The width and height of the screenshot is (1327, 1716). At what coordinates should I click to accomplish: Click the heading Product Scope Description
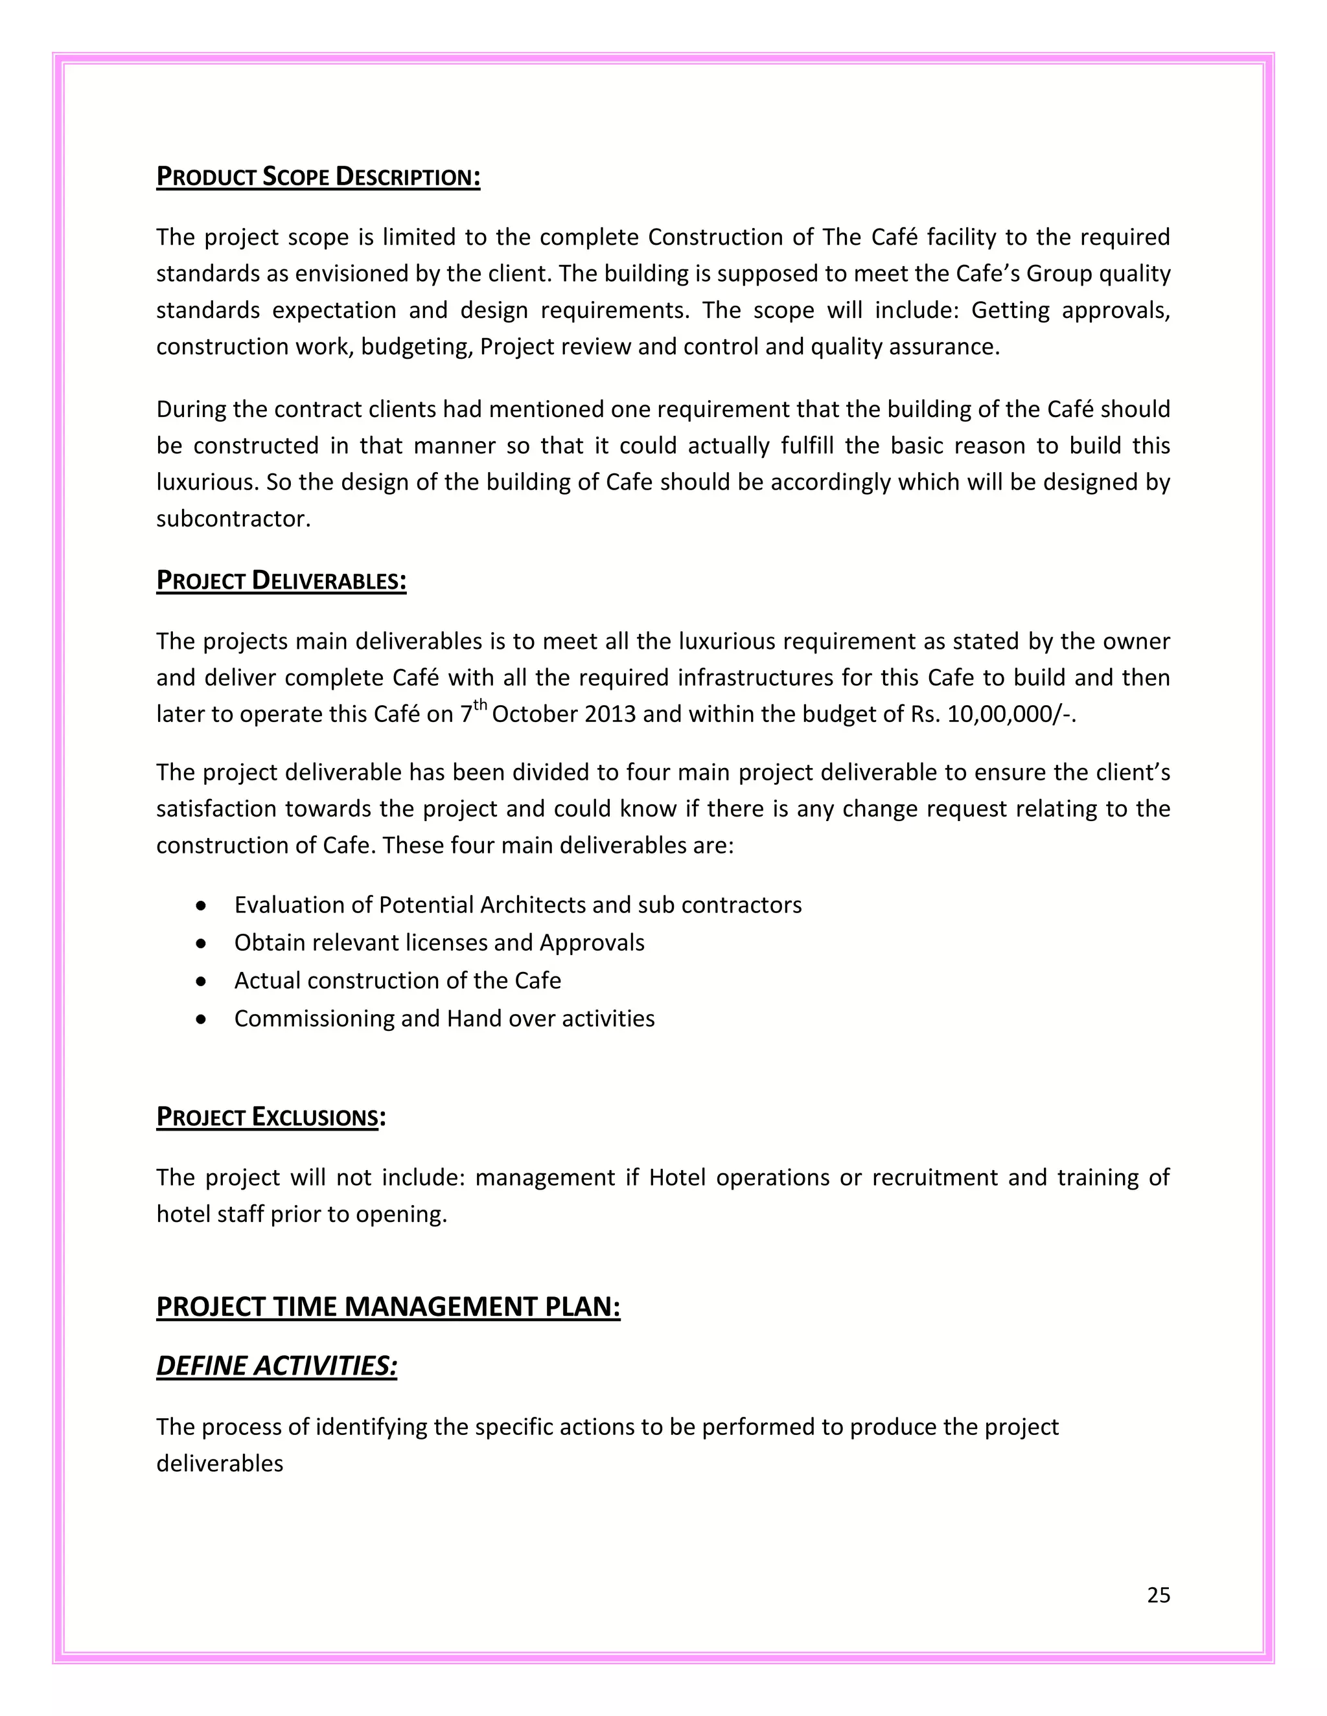click(317, 177)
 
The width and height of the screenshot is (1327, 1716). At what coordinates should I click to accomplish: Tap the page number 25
click(1158, 1595)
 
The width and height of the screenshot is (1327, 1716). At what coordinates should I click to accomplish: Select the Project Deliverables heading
click(281, 581)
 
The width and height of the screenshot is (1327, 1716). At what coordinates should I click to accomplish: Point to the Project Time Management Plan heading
click(388, 1307)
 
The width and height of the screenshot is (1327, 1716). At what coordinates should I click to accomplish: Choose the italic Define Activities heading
click(277, 1366)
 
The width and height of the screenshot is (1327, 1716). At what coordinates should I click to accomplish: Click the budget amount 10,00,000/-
click(1010, 714)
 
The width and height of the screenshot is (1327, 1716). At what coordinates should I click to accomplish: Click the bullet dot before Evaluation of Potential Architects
click(202, 906)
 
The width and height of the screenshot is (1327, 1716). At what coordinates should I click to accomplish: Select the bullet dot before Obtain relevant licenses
click(202, 943)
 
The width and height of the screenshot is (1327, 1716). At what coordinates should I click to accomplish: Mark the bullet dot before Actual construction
click(202, 981)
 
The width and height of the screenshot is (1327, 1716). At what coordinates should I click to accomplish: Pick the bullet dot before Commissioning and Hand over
click(202, 1019)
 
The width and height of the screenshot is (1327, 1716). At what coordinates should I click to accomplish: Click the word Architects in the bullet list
click(532, 905)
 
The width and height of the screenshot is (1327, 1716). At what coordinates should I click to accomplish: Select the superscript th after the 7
click(479, 706)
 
